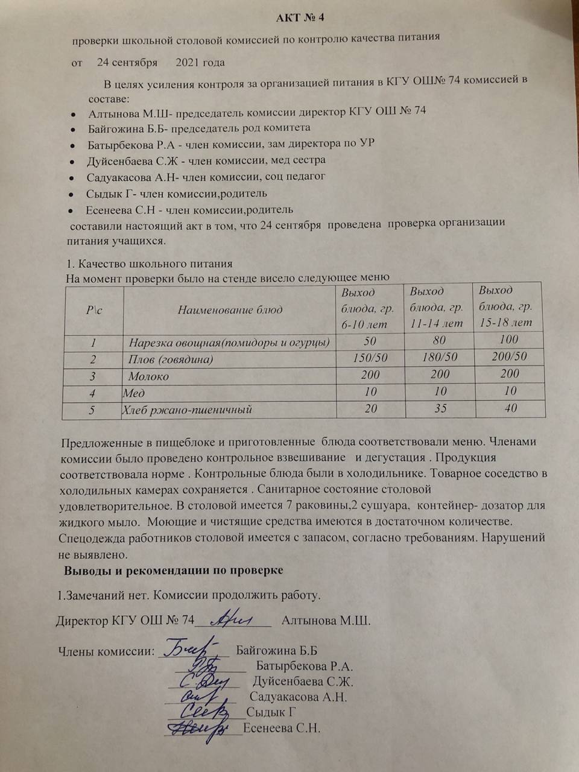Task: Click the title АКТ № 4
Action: [300, 17]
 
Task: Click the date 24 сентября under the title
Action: [127, 62]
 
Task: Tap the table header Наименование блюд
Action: [230, 310]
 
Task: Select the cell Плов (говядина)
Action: [171, 359]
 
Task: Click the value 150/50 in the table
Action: [370, 358]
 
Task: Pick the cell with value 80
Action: [440, 341]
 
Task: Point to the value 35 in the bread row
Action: [441, 408]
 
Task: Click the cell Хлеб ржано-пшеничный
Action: [187, 410]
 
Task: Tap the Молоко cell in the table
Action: [148, 376]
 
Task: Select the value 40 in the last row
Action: [511, 408]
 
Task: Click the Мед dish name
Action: [134, 393]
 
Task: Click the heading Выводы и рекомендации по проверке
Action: [174, 570]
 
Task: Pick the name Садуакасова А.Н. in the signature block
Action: [299, 697]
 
